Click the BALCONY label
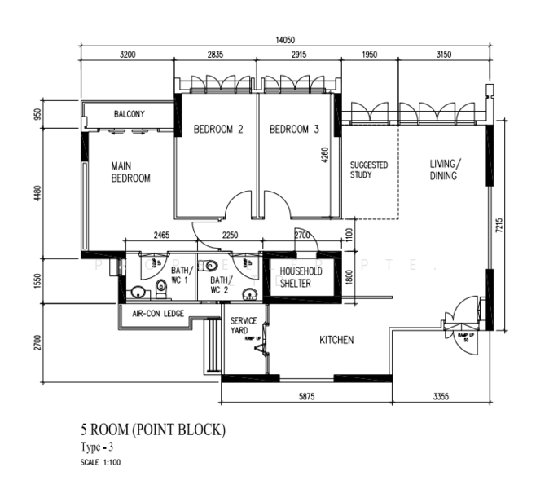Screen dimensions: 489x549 [x=130, y=114]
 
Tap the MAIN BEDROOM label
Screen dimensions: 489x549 [x=130, y=172]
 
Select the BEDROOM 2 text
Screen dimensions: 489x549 [x=218, y=130]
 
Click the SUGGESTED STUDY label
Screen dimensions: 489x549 [x=368, y=170]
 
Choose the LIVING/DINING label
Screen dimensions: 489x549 [x=444, y=170]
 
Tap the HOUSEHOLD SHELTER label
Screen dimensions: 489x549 [x=301, y=277]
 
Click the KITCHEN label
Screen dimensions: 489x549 [x=336, y=340]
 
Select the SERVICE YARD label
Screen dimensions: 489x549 [x=244, y=326]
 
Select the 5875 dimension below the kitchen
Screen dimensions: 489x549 [x=305, y=397]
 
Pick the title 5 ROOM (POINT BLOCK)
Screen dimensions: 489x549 [x=152, y=430]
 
